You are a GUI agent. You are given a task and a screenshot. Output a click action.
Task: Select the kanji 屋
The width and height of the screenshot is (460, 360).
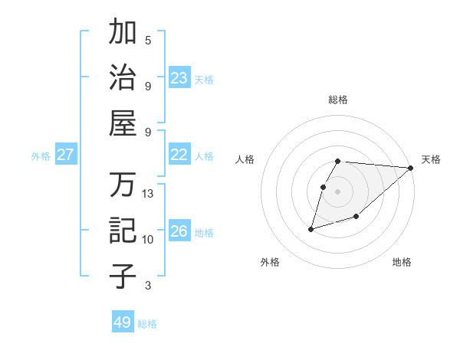point(123,123)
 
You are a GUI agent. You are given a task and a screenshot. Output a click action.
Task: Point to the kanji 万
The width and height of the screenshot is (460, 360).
point(123,185)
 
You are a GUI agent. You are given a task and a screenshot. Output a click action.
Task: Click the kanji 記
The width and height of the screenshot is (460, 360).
point(123,231)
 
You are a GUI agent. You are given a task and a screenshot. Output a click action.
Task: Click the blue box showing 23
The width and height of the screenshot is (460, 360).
point(179,78)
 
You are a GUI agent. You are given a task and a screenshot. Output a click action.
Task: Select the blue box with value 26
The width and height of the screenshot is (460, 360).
point(179,231)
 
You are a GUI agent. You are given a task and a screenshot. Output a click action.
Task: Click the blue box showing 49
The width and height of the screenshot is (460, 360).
point(123,322)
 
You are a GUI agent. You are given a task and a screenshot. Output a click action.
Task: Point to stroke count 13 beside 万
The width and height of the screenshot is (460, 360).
point(148,194)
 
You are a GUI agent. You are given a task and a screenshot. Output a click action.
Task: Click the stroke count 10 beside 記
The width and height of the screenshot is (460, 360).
point(148,240)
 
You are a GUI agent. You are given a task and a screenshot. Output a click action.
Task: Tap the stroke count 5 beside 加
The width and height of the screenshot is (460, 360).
point(148,41)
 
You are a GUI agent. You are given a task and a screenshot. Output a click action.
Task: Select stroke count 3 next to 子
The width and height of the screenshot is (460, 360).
point(148,286)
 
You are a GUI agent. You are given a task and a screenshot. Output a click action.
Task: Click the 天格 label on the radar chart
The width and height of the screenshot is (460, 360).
point(431,159)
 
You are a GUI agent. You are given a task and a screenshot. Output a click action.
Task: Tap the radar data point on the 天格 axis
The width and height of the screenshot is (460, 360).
point(411,169)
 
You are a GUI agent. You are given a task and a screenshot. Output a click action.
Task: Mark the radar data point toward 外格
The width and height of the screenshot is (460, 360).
point(310,228)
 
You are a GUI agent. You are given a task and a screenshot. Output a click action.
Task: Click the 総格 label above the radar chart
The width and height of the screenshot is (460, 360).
point(338,100)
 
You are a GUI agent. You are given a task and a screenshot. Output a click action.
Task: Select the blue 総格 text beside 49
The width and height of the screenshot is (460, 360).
point(147,324)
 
